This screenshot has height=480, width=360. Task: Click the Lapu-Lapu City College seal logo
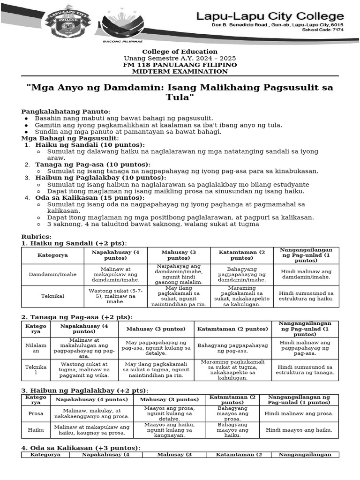[66, 22]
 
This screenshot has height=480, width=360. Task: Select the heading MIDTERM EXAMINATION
[180, 72]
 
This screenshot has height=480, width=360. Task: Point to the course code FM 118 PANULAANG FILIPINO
[180, 65]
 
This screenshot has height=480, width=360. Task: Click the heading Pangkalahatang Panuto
[66, 112]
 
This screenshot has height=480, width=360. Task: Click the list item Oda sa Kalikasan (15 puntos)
[90, 198]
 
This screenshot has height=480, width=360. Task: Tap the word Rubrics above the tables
[37, 237]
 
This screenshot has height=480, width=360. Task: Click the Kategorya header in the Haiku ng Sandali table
[52, 255]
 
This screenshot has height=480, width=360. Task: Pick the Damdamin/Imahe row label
[52, 274]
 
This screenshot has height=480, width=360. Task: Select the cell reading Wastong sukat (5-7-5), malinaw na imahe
[116, 296]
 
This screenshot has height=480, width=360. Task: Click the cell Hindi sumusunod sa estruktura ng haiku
[306, 296]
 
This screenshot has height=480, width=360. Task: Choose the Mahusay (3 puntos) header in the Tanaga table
[156, 329]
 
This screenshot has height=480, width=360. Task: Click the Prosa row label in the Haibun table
[36, 414]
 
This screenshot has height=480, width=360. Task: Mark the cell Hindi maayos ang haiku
[299, 430]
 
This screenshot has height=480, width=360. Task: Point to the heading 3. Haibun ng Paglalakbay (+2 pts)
[85, 390]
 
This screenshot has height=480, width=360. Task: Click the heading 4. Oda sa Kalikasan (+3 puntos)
[81, 448]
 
